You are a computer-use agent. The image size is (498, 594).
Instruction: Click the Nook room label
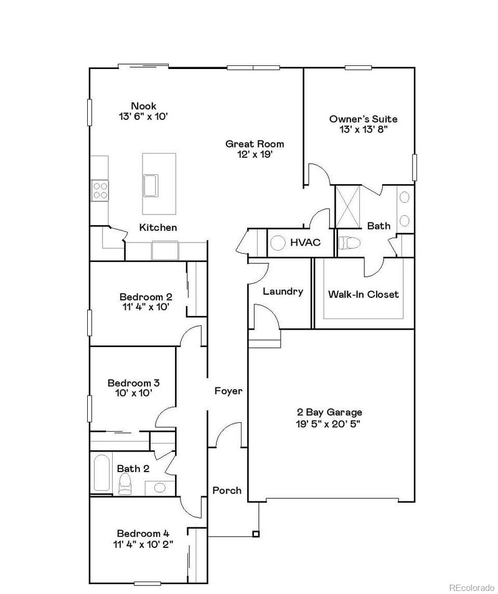(143, 106)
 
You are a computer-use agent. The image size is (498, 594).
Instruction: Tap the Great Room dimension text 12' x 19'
(255, 155)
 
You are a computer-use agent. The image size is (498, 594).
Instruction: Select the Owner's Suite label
(363, 119)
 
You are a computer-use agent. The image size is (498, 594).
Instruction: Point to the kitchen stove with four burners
(100, 189)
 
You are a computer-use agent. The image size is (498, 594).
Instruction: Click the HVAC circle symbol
(278, 242)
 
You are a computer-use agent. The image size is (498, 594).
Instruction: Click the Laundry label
(283, 291)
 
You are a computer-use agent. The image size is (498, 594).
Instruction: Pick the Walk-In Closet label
(364, 294)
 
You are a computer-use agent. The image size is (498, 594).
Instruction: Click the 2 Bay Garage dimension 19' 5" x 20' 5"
(329, 424)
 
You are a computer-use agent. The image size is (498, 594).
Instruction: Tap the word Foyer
(228, 391)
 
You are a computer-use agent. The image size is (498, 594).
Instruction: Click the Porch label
(227, 490)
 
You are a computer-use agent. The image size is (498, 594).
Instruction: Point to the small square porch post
(255, 534)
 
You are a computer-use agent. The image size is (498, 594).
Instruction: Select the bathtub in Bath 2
(101, 474)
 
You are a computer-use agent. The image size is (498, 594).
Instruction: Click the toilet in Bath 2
(125, 483)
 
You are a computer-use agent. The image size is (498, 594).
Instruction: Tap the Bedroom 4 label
(143, 533)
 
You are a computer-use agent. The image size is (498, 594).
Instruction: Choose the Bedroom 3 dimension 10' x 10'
(133, 392)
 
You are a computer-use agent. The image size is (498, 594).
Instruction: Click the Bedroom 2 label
(146, 297)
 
